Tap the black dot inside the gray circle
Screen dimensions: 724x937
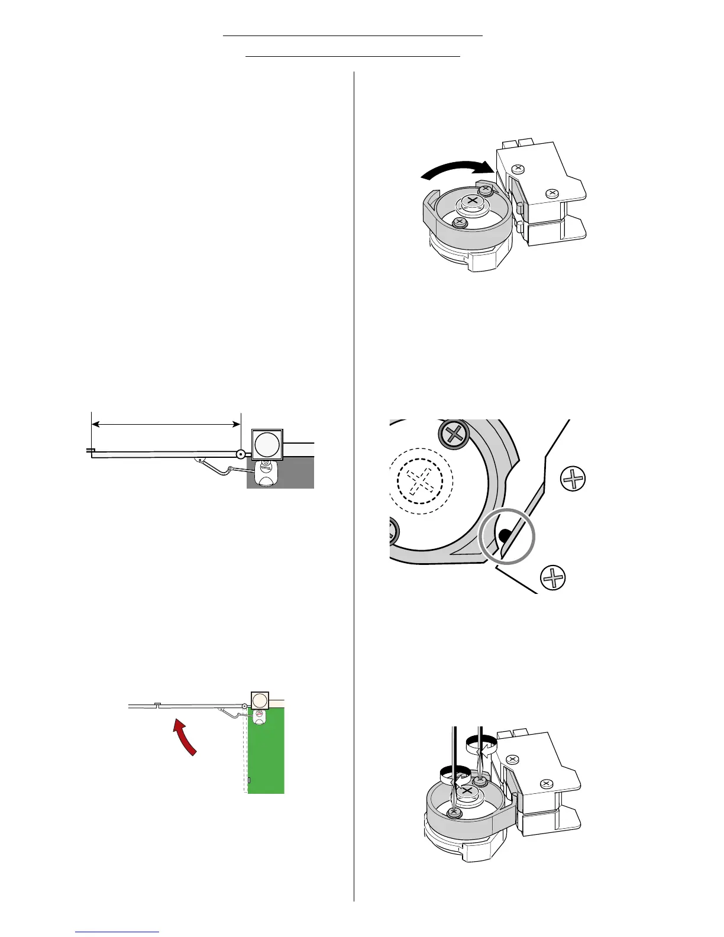click(503, 536)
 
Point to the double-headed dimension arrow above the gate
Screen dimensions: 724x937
click(166, 424)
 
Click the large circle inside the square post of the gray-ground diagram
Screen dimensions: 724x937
click(267, 445)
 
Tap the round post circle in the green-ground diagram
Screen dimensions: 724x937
click(259, 701)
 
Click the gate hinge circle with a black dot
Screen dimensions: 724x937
click(241, 455)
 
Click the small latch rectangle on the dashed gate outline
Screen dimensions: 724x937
click(249, 780)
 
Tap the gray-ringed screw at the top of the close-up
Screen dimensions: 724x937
click(454, 435)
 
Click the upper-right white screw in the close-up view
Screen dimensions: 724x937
click(573, 479)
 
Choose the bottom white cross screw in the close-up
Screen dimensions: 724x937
click(553, 577)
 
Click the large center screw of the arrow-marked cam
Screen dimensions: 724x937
click(472, 202)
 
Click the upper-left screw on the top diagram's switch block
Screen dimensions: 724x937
click(518, 169)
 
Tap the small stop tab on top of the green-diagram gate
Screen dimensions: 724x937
click(157, 704)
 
